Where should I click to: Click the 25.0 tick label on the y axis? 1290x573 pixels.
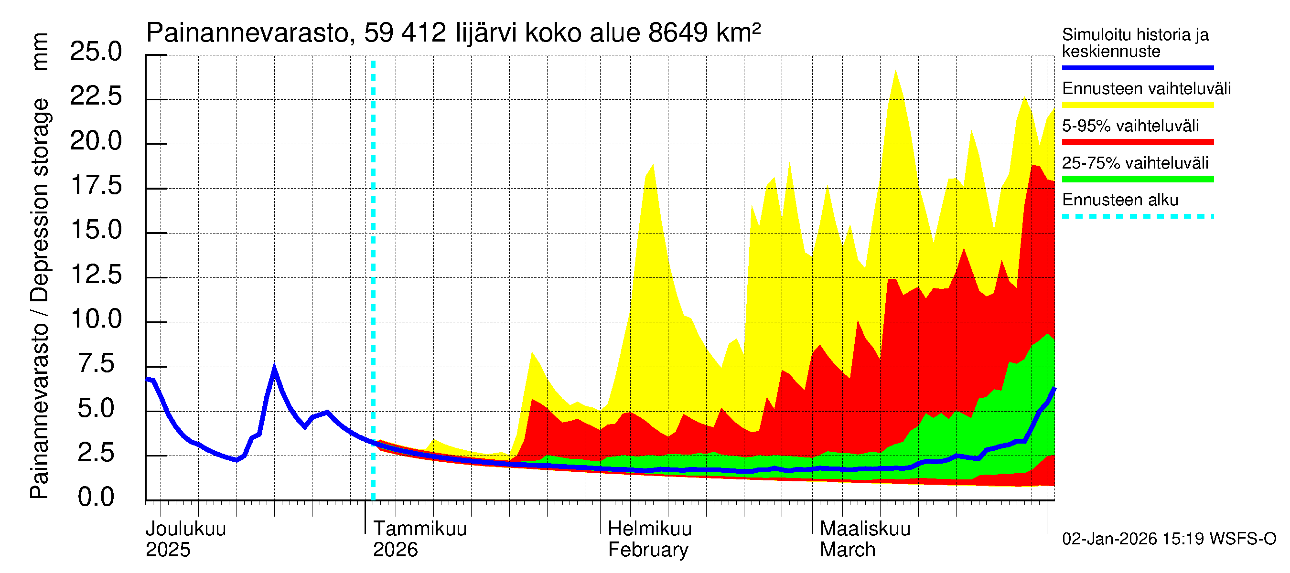pos(96,52)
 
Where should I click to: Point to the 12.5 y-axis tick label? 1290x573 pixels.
pos(96,274)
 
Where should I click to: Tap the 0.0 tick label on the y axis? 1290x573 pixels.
pos(96,497)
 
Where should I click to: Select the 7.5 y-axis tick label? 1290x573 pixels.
pos(96,363)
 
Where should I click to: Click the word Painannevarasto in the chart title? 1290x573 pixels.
pos(247,33)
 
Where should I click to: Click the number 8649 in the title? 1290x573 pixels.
pos(678,33)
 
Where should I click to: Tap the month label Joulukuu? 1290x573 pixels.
pos(186,529)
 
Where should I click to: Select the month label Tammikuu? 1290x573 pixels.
pos(419,529)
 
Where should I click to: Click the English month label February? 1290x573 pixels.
pos(648,550)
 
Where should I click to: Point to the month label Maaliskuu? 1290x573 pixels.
pos(865,529)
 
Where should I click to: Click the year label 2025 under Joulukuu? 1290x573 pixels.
pos(168,550)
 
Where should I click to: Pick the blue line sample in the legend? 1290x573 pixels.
pos(1137,67)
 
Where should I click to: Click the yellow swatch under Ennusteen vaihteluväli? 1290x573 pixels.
pos(1137,105)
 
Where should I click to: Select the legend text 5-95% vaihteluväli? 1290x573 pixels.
pos(1130,126)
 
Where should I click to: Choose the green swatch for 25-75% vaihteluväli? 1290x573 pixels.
pos(1137,179)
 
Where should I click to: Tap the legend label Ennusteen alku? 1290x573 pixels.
pos(1120,200)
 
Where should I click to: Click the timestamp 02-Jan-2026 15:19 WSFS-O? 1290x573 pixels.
pos(1169,539)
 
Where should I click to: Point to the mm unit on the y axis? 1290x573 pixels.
pos(40,52)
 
